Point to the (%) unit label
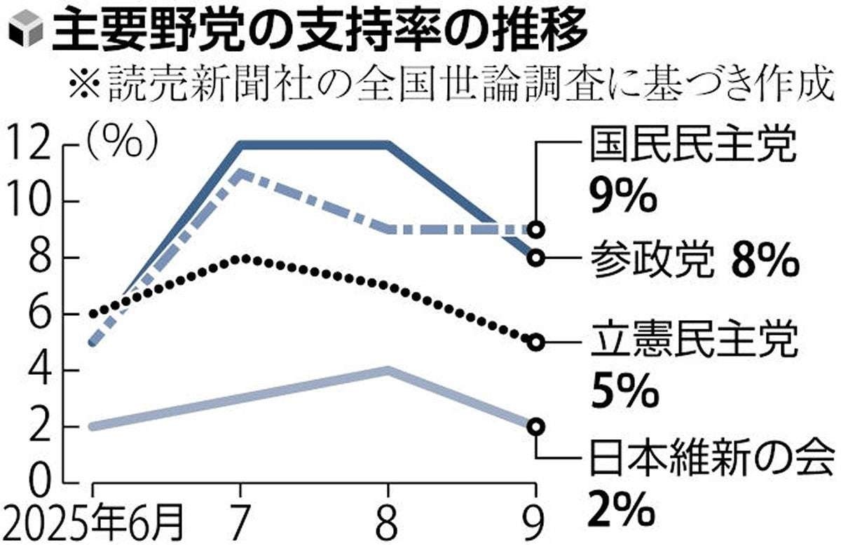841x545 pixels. [x=122, y=143]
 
